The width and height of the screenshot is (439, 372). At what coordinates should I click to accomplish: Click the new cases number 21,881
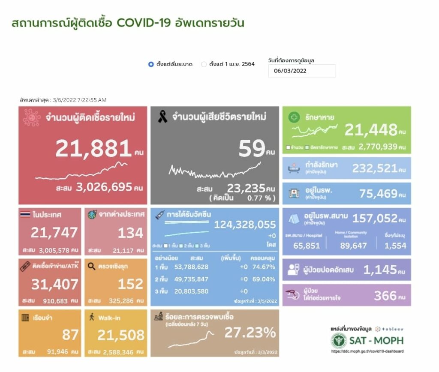pyautogui.click(x=93, y=149)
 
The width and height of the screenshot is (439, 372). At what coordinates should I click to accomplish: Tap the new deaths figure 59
pyautogui.click(x=252, y=149)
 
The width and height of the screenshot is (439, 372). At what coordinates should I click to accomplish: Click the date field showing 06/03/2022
pyautogui.click(x=302, y=71)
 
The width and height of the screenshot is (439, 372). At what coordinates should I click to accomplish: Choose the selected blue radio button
pyautogui.click(x=151, y=64)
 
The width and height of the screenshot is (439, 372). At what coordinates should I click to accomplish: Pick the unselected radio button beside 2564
pyautogui.click(x=204, y=64)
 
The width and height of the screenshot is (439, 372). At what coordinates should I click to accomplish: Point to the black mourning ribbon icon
pyautogui.click(x=162, y=117)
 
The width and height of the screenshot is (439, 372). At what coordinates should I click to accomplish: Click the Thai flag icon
pyautogui.click(x=25, y=214)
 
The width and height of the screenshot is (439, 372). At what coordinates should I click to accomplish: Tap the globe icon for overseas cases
pyautogui.click(x=92, y=214)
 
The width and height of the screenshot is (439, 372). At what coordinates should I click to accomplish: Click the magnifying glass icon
pyautogui.click(x=91, y=266)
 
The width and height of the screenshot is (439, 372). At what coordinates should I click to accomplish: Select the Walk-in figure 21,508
pyautogui.click(x=121, y=335)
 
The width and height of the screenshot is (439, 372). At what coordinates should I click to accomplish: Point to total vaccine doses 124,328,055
pyautogui.click(x=245, y=225)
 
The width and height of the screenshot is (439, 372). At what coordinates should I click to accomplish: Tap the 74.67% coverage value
pyautogui.click(x=266, y=266)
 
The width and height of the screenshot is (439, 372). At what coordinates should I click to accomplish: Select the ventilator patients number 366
pyautogui.click(x=385, y=295)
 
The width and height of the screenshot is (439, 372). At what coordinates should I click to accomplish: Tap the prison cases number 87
pyautogui.click(x=71, y=335)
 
